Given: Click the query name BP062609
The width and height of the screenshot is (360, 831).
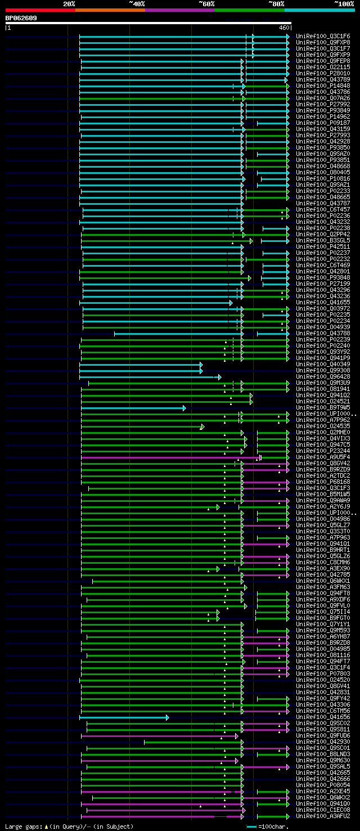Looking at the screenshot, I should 21,18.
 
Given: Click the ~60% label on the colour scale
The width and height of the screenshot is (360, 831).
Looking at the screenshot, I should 206,3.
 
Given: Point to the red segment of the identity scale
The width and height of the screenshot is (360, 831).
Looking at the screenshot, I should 40,10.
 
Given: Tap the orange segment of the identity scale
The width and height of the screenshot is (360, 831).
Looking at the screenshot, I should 110,10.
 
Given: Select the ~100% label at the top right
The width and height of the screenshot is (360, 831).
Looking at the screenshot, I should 344,3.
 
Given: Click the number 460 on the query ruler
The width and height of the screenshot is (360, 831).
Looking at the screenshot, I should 283,28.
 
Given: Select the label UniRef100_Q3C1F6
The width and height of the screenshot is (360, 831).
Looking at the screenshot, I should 323,37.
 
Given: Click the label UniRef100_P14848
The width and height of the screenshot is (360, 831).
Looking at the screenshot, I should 323,86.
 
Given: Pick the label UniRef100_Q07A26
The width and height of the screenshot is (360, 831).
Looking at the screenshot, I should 323,98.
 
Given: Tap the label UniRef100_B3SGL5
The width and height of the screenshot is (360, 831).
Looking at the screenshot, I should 323,241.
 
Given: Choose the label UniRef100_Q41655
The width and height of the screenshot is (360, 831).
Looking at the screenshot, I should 323,303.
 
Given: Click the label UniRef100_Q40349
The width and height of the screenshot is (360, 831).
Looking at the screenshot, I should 323,365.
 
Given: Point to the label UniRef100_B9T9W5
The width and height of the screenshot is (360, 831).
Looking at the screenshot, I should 323,408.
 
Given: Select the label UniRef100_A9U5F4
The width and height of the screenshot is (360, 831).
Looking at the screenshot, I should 323,457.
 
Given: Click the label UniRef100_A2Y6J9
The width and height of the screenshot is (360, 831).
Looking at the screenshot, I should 323,507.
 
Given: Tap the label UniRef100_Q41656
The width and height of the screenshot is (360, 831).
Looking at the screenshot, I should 323,717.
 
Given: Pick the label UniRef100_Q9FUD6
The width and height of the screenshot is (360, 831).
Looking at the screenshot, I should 323,736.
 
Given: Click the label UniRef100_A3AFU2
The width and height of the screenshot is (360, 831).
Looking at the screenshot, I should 323,816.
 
